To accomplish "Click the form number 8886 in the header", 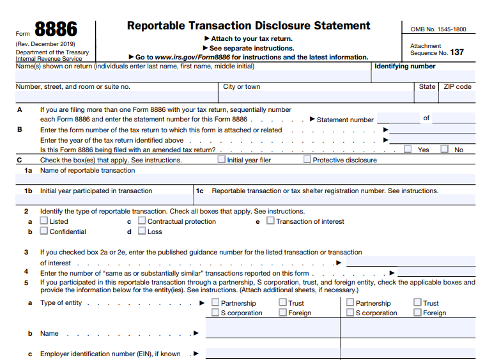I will pyautogui.click(x=56, y=29).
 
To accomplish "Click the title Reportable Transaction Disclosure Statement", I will pyautogui.click(x=249, y=26).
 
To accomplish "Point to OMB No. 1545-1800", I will pyautogui.click(x=438, y=29).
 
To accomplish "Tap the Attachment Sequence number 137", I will pyautogui.click(x=456, y=52).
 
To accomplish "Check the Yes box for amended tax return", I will pyautogui.click(x=408, y=150).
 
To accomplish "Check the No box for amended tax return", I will pyautogui.click(x=444, y=150).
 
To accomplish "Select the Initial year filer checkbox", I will pyautogui.click(x=222, y=160).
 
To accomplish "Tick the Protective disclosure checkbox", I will pyautogui.click(x=307, y=160).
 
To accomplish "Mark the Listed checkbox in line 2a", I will pyautogui.click(x=44, y=221).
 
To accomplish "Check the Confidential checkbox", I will pyautogui.click(x=44, y=231).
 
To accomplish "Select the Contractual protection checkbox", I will pyautogui.click(x=142, y=221).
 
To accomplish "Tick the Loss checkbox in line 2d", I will pyautogui.click(x=142, y=231).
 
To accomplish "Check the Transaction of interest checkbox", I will pyautogui.click(x=270, y=221).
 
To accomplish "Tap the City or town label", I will pyautogui.click(x=242, y=87).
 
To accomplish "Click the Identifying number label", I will pyautogui.click(x=404, y=67).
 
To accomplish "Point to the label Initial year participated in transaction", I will pyautogui.click(x=96, y=191).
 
